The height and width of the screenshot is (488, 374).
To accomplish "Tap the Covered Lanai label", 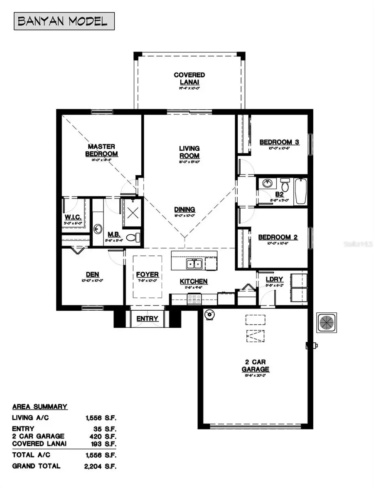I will click(189, 78).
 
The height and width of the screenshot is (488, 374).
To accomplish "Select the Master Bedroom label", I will click(101, 150).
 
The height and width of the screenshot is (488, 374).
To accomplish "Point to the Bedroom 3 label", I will click(279, 142).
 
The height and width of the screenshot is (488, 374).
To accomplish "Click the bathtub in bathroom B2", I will click(300, 191).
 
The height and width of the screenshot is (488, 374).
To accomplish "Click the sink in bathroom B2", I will click(266, 183).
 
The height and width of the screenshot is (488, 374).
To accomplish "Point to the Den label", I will click(92, 274).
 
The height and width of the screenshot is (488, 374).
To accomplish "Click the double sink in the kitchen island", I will click(194, 264).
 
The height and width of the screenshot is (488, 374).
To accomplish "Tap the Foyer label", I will click(147, 275).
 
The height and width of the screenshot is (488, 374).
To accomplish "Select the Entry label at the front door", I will click(148, 319).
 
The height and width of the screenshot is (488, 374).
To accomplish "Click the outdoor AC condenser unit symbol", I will click(328, 323).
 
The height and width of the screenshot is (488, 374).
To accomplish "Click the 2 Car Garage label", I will click(256, 365).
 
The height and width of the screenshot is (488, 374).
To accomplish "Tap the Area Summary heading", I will click(40, 407).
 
